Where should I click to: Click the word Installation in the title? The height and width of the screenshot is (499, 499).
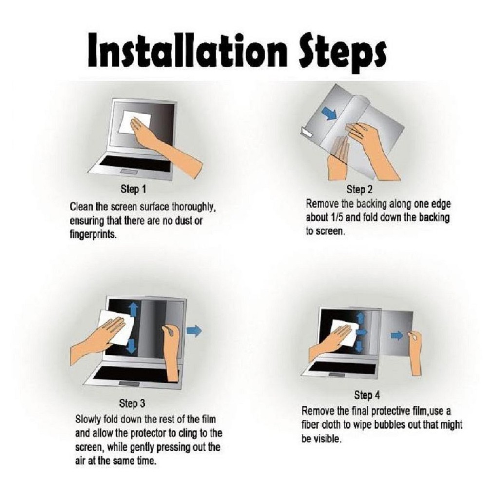click(x=186, y=51)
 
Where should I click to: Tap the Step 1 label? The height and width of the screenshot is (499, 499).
click(x=134, y=190)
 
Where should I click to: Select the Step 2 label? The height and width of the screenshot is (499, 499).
click(x=359, y=190)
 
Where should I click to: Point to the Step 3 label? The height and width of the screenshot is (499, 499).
click(x=132, y=403)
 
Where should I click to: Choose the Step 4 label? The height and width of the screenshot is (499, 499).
click(x=367, y=395)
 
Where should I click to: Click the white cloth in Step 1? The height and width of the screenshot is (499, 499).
click(x=134, y=122)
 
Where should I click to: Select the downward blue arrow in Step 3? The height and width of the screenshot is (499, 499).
click(x=132, y=346)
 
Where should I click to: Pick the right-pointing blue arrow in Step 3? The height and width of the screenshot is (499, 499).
click(x=194, y=331)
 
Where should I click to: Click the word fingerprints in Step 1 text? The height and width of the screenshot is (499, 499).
click(x=93, y=235)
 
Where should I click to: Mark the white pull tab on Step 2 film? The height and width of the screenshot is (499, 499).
click(x=306, y=132)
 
